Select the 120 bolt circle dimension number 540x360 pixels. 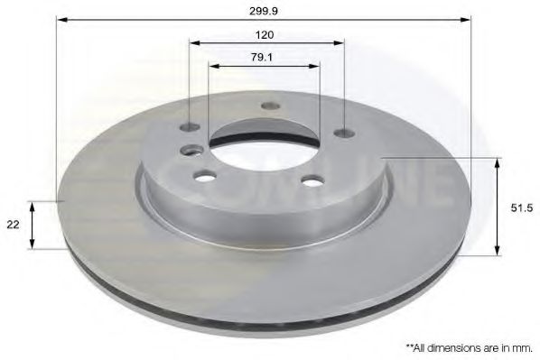pos(265,34)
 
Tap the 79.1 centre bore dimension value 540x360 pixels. pos(265,58)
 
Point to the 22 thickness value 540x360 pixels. pos(14,226)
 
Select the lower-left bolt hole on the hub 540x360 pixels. pos(206,176)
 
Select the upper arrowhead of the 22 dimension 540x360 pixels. pos(33,205)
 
